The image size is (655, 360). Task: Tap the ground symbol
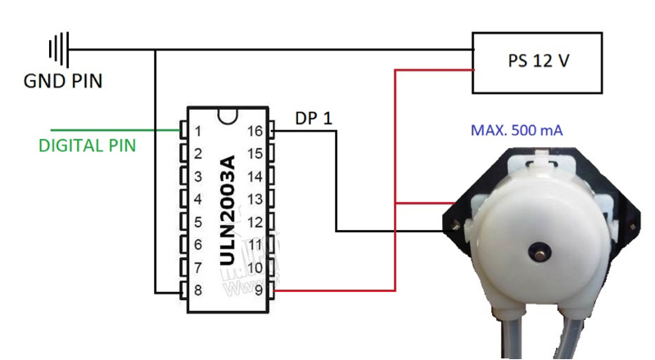(58, 49)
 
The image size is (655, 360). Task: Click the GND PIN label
(63, 82)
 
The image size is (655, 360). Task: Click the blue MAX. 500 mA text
(517, 130)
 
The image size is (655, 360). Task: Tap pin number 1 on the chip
(197, 131)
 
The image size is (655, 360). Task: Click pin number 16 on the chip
(255, 131)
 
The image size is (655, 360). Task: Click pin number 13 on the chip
(255, 199)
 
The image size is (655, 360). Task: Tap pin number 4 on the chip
(197, 199)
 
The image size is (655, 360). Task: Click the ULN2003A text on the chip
(227, 209)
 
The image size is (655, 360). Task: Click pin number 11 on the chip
(255, 245)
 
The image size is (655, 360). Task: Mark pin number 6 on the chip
(197, 245)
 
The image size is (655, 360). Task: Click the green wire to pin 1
(115, 130)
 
